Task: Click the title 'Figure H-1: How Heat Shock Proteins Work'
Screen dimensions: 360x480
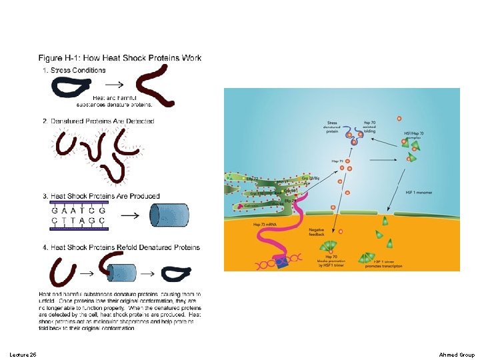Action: pyautogui.click(x=120, y=58)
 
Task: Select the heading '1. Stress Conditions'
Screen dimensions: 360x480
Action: pyautogui.click(x=74, y=70)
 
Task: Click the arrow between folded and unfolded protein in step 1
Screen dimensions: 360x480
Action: pyautogui.click(x=115, y=85)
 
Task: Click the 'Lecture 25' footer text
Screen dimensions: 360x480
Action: pyautogui.click(x=23, y=354)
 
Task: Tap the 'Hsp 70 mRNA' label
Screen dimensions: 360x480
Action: pyautogui.click(x=266, y=225)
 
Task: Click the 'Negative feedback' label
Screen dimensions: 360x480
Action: pyautogui.click(x=318, y=232)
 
